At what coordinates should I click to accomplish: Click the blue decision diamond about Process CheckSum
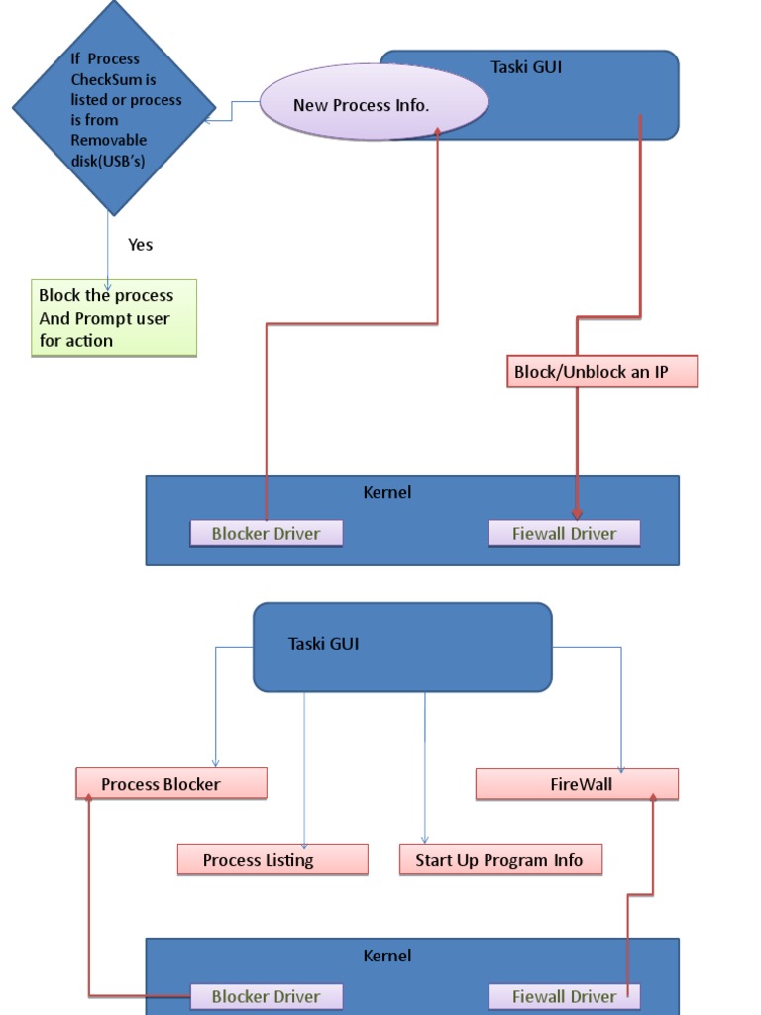pyautogui.click(x=114, y=107)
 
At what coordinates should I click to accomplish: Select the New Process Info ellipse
pyautogui.click(x=374, y=102)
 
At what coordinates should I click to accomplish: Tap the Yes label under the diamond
pyautogui.click(x=141, y=245)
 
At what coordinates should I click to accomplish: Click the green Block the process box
pyautogui.click(x=114, y=318)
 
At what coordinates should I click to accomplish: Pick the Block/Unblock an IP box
pyautogui.click(x=601, y=371)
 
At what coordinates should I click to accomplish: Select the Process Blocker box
pyautogui.click(x=171, y=783)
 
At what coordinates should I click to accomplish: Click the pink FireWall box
pyautogui.click(x=578, y=785)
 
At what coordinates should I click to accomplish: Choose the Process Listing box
pyautogui.click(x=272, y=859)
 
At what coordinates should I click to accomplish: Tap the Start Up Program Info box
pyautogui.click(x=500, y=859)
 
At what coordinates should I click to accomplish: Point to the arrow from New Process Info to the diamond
pyautogui.click(x=232, y=111)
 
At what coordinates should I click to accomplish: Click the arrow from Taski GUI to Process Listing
pyautogui.click(x=304, y=770)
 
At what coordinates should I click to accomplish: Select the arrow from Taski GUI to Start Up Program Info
pyautogui.click(x=425, y=767)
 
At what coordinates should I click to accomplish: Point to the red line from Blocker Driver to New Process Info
pyautogui.click(x=353, y=324)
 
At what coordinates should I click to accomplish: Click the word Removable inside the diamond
pyautogui.click(x=109, y=140)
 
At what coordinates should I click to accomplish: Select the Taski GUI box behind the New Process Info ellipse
pyautogui.click(x=583, y=94)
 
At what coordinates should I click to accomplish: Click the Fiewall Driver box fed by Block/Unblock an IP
pyautogui.click(x=564, y=534)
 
